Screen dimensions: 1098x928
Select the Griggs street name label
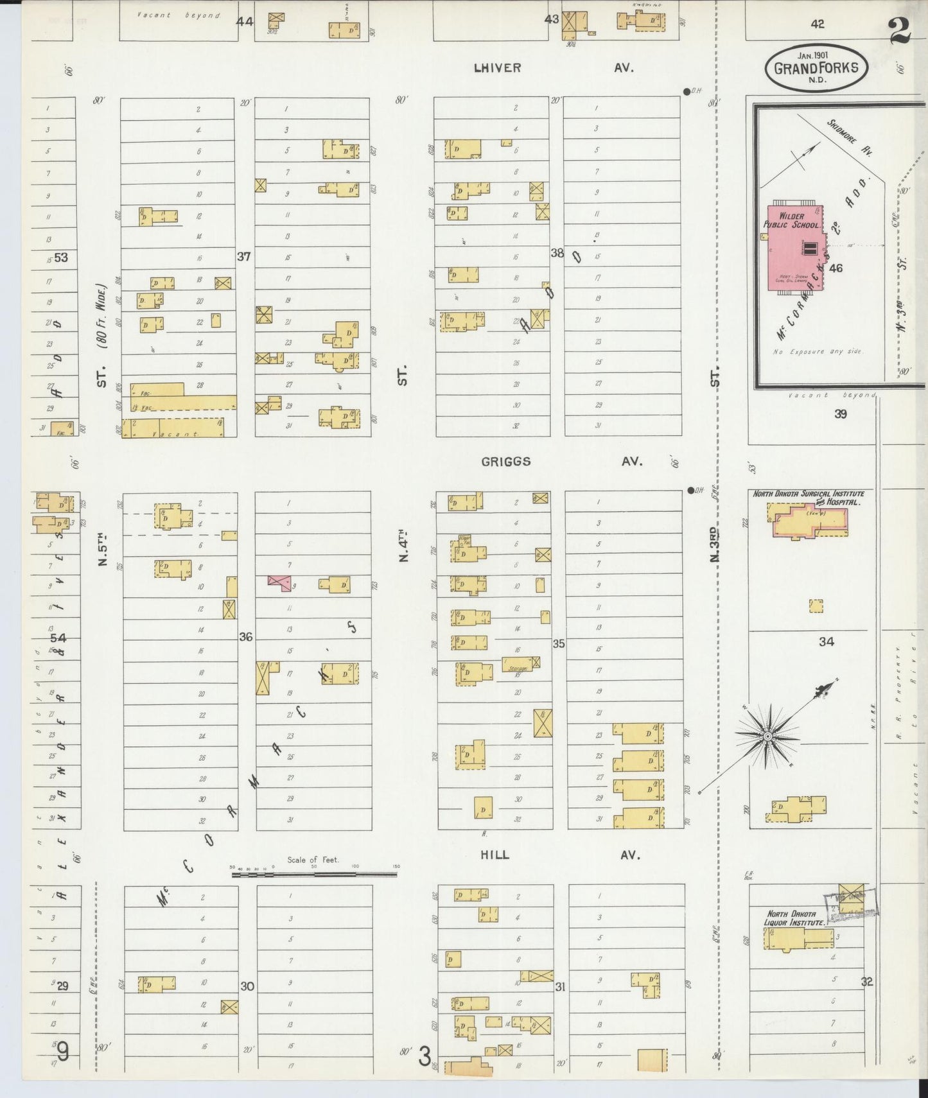(x=506, y=462)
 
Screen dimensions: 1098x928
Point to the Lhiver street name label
(x=497, y=67)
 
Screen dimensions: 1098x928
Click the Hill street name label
(x=495, y=855)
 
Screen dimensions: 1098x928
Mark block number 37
(x=244, y=257)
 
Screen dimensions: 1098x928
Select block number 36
(x=246, y=637)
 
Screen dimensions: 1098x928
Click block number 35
(x=559, y=643)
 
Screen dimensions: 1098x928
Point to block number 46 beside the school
(x=836, y=268)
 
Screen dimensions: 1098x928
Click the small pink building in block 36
(x=279, y=582)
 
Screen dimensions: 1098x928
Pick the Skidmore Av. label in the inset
(x=850, y=138)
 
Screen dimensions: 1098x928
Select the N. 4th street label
(x=403, y=545)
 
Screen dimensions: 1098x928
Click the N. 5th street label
(x=103, y=550)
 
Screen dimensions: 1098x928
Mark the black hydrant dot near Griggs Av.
(x=690, y=491)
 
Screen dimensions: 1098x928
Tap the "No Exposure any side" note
(x=818, y=352)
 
